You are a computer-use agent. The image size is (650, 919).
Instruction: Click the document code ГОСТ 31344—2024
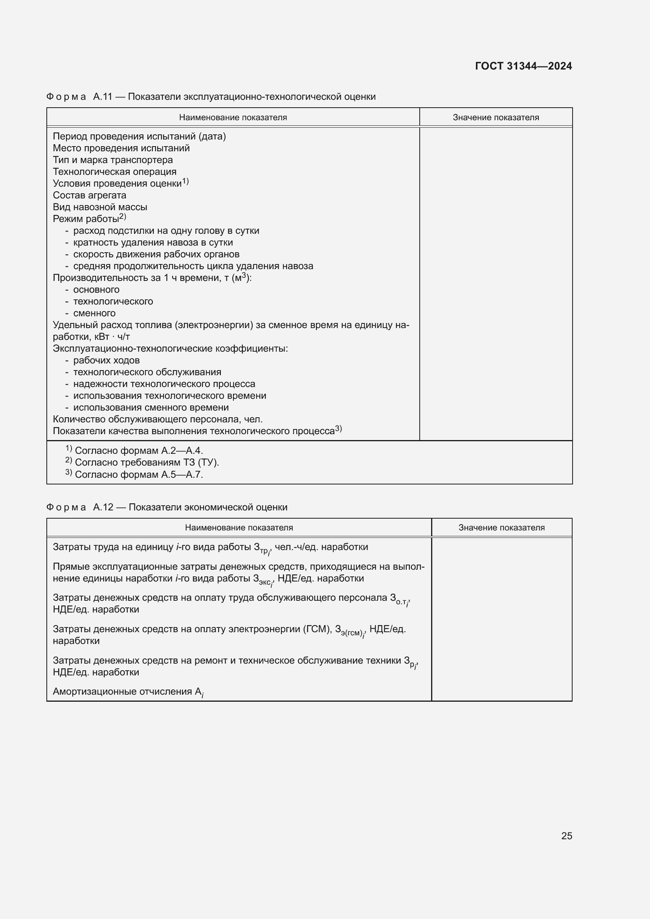click(x=523, y=66)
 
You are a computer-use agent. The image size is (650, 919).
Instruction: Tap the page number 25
click(x=566, y=836)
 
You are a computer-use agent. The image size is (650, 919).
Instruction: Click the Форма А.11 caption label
click(x=66, y=97)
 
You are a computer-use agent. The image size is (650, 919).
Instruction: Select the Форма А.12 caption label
click(x=66, y=507)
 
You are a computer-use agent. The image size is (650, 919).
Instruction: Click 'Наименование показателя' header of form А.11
click(x=233, y=117)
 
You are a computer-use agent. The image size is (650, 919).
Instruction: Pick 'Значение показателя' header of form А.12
click(x=501, y=528)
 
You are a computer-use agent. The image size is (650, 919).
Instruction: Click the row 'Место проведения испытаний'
click(x=121, y=148)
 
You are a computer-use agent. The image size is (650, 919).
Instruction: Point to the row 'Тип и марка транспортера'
click(x=113, y=160)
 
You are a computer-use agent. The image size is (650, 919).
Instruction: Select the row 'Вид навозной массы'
click(x=100, y=207)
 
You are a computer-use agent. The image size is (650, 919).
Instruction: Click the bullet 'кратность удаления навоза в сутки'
click(x=153, y=242)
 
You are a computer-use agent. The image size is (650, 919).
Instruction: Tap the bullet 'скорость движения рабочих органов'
click(x=156, y=254)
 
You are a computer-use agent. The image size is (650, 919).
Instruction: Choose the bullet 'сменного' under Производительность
click(x=94, y=313)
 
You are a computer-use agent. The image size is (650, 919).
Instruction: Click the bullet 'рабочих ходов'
click(x=106, y=360)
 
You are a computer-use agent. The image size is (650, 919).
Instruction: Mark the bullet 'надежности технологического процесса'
click(x=164, y=384)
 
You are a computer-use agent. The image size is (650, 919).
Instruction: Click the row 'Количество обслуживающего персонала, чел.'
click(x=158, y=419)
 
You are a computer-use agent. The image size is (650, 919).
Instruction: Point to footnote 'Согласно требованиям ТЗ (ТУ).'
click(x=147, y=462)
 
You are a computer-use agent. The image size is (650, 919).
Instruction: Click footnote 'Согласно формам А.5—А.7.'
click(x=139, y=474)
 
